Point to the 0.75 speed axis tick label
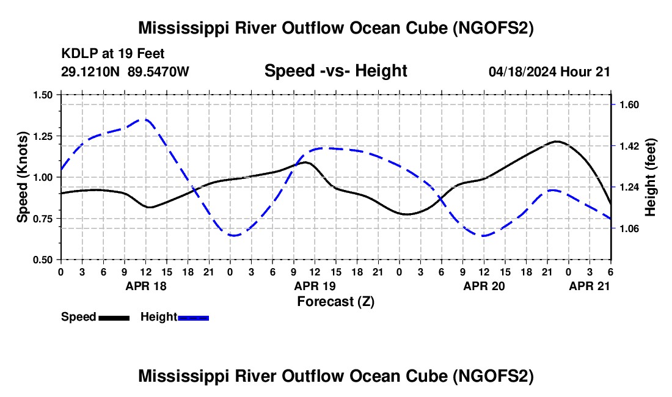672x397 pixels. click(x=43, y=219)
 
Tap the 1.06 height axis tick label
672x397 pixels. click(x=629, y=228)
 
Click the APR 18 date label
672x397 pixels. click(x=146, y=286)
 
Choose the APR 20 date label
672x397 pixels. click(x=484, y=286)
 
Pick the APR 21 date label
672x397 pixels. click(x=590, y=286)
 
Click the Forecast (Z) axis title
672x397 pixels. click(x=335, y=302)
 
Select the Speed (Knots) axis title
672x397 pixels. click(x=22, y=177)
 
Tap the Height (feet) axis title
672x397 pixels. click(x=650, y=177)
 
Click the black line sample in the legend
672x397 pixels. click(x=114, y=318)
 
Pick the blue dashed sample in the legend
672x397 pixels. click(x=193, y=318)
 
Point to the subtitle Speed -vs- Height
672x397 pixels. click(x=335, y=71)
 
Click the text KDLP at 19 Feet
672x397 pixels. click(x=113, y=54)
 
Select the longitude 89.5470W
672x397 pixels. click(x=158, y=71)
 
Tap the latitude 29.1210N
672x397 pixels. click(x=90, y=71)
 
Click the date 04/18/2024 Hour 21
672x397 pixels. click(x=549, y=71)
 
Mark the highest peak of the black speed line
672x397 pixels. click(x=557, y=141)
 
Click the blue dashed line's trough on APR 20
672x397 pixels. click(x=484, y=236)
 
